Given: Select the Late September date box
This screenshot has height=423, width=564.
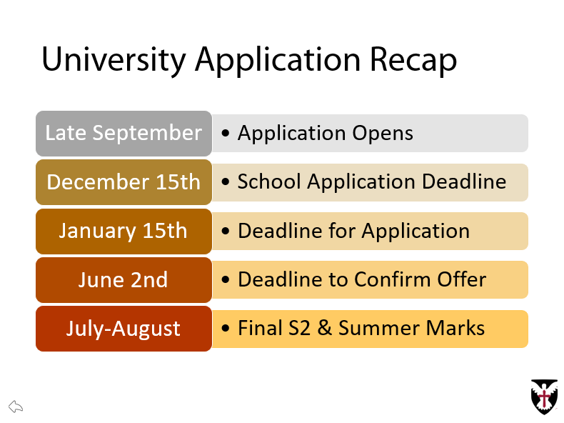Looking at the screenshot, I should pos(124,134).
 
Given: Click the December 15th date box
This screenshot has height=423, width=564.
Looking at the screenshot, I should pos(124,182).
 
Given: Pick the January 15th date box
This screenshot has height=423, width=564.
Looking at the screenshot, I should pos(124,231).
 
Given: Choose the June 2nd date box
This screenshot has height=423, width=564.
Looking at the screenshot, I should pos(124,279).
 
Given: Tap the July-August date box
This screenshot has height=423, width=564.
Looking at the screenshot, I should pos(124,329).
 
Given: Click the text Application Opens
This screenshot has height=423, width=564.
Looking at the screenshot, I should pos(325,134).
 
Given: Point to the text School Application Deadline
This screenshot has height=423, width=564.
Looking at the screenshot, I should pos(371,182).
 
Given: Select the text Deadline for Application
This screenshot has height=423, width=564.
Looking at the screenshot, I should pos(353,232).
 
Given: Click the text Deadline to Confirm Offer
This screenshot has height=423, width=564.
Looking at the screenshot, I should pos(361,280).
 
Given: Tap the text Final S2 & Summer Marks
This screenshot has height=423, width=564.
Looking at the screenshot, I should pos(361,329).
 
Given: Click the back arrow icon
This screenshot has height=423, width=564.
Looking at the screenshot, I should pos(16,407).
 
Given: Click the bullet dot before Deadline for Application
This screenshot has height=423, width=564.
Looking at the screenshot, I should pos(226,232).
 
